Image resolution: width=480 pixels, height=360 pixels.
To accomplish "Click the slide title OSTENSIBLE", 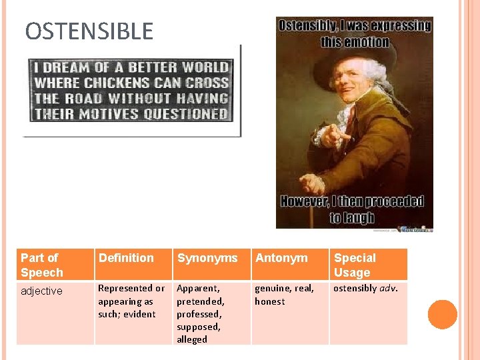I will point(89,31).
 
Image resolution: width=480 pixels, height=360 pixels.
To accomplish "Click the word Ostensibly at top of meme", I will point(309,26).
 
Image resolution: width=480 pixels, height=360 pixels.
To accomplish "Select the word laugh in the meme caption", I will point(360,217).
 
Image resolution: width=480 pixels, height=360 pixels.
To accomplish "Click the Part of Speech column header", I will point(42,265).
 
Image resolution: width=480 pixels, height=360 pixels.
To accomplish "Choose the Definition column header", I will point(126,258).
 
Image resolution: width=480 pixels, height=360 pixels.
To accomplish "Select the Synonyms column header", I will point(207,258).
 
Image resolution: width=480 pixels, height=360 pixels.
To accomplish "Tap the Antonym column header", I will point(281,258).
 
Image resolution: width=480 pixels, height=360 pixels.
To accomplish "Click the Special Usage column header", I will point(355,265).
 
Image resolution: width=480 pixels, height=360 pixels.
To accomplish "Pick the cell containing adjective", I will point(41,291).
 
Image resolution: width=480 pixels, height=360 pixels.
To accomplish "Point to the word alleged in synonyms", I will point(192,339).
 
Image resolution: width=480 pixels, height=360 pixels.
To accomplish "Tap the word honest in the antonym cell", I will point(269,301).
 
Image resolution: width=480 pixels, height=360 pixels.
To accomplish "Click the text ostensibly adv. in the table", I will point(365,288).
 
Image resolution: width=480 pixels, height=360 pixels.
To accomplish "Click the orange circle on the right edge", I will point(443,315).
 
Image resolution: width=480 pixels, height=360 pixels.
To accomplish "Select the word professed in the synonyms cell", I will point(199,314).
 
